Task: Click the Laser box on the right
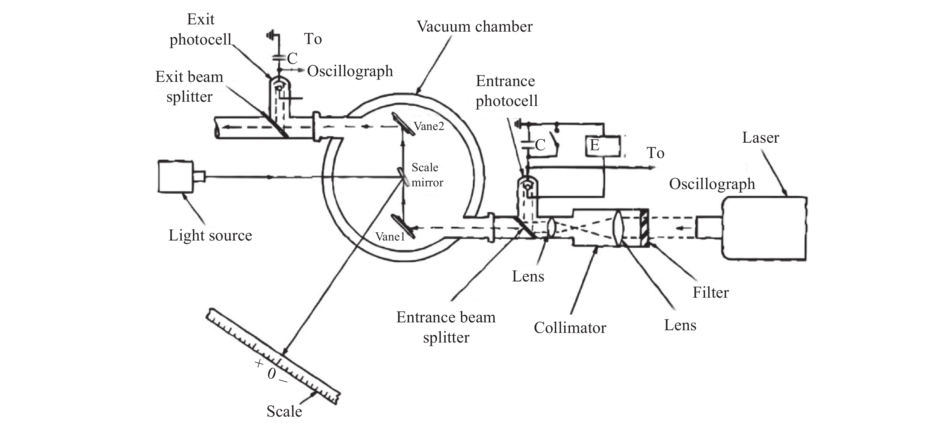(764, 229)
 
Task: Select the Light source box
(176, 176)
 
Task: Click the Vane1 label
(390, 237)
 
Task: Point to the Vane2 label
(429, 126)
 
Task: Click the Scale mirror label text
(427, 175)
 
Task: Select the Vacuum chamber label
(474, 26)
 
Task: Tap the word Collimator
(570, 327)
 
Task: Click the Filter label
(711, 293)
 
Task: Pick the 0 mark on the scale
(271, 374)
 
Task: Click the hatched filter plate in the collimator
(644, 228)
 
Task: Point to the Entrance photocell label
(506, 91)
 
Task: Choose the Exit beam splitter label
(189, 87)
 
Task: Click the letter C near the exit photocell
(292, 58)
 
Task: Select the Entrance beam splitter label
(446, 327)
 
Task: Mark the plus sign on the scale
(258, 363)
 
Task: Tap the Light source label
(210, 235)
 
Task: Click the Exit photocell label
(201, 29)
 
